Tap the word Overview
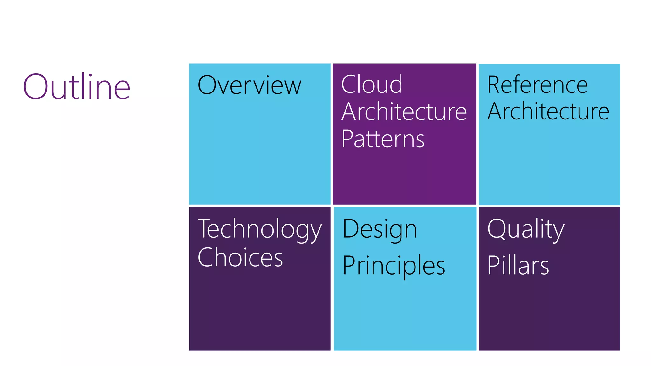(249, 85)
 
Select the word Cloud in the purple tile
(372, 85)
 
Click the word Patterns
(383, 139)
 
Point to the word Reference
(538, 85)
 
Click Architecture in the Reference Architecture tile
(548, 112)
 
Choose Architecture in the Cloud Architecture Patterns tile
(404, 112)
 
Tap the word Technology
(259, 229)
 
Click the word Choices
(240, 257)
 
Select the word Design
(380, 229)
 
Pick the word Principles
(394, 266)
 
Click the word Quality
(526, 229)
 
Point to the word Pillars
(518, 265)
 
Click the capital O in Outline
(35, 86)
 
